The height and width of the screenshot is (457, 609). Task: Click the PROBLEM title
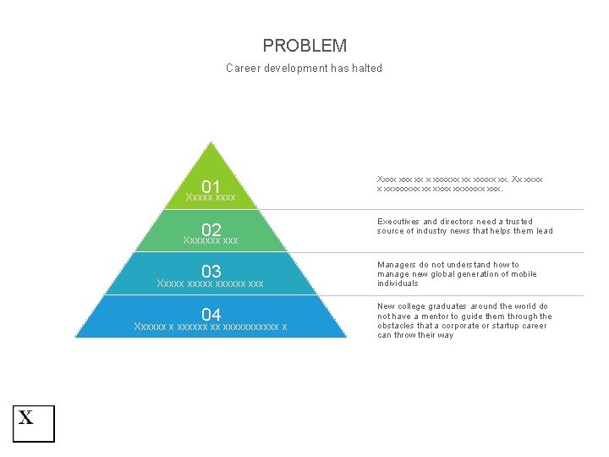[x=304, y=46]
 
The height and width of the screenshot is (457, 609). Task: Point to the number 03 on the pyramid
[x=211, y=272]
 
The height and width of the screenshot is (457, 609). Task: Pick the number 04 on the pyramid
[x=211, y=316]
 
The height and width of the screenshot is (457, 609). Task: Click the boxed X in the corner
[x=33, y=423]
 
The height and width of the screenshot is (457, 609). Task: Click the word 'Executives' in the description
[x=398, y=222]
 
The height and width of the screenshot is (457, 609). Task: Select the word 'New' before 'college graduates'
[x=385, y=306]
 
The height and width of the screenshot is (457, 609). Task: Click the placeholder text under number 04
[x=211, y=327]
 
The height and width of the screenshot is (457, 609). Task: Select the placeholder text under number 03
[x=211, y=283]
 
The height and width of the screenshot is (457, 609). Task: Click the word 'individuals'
[x=398, y=284]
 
